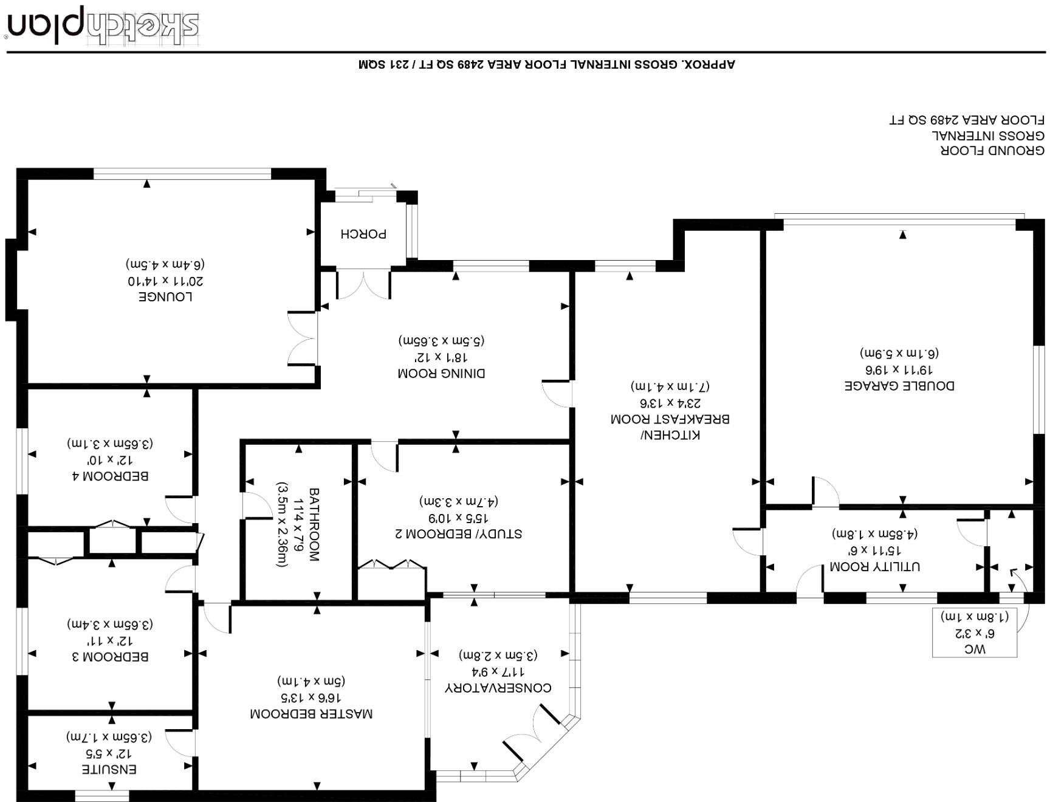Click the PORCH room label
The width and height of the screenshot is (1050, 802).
click(363, 233)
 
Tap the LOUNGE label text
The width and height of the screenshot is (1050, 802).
click(166, 296)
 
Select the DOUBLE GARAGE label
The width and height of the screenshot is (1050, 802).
click(899, 385)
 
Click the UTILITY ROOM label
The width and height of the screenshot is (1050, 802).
click(874, 566)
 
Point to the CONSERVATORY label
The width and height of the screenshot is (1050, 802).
click(498, 687)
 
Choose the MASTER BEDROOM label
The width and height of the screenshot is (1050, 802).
click(311, 713)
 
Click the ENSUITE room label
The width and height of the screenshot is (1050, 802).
click(109, 769)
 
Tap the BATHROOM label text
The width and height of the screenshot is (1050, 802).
click(314, 524)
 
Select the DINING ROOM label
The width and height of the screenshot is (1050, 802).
click(441, 373)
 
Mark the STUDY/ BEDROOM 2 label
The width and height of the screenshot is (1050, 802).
click(458, 533)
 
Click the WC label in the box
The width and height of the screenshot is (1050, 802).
click(975, 649)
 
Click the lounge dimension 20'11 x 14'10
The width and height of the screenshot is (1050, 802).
click(165, 281)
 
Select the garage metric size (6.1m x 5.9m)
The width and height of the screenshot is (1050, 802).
click(899, 353)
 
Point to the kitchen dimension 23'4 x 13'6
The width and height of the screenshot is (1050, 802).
click(670, 402)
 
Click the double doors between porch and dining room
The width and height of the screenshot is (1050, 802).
click(363, 284)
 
